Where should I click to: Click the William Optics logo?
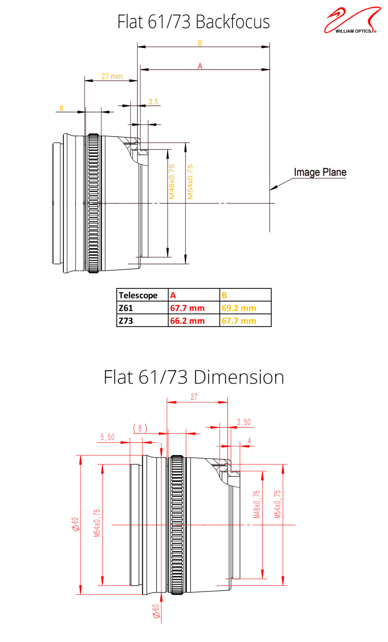[x=352, y=20]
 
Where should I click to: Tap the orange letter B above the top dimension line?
[x=200, y=43]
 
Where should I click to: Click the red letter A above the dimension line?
[x=200, y=66]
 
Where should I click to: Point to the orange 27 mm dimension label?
[x=112, y=76]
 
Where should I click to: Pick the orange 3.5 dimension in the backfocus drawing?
[x=153, y=102]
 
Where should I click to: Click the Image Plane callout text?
[x=320, y=172]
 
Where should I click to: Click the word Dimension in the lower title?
[x=239, y=377]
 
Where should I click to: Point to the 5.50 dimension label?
[x=108, y=437]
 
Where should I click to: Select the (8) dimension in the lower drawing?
[x=140, y=428]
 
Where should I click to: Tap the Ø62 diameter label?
[x=75, y=524]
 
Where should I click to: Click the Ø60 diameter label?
[x=156, y=611]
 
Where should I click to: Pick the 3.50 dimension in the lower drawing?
[x=244, y=422]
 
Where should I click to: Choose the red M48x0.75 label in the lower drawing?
[x=257, y=504]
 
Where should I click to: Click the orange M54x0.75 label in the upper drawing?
[x=190, y=182]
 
